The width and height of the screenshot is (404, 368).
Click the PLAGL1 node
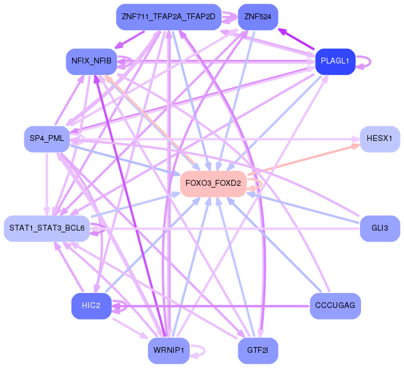tap(335, 61)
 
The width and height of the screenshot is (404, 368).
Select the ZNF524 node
tap(258, 16)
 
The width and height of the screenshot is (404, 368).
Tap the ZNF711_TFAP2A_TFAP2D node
tap(168, 16)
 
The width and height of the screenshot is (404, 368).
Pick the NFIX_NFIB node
tap(91, 61)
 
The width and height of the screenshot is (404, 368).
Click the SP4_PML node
tap(47, 138)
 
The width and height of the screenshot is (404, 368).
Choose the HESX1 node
tap(380, 139)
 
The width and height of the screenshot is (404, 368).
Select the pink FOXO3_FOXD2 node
tap(213, 183)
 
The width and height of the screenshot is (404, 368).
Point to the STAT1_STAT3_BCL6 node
tap(47, 228)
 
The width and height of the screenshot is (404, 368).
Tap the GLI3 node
tap(380, 228)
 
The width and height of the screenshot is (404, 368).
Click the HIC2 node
tap(91, 306)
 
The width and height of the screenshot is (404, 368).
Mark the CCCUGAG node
tap(335, 306)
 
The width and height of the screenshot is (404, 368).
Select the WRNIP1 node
tap(168, 350)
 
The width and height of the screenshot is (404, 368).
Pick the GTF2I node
tap(258, 350)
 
